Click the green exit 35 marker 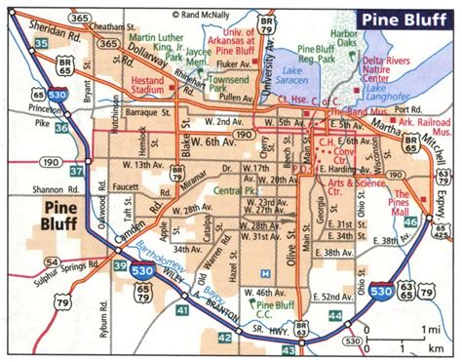pos(39,44)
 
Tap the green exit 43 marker pos(223,337)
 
